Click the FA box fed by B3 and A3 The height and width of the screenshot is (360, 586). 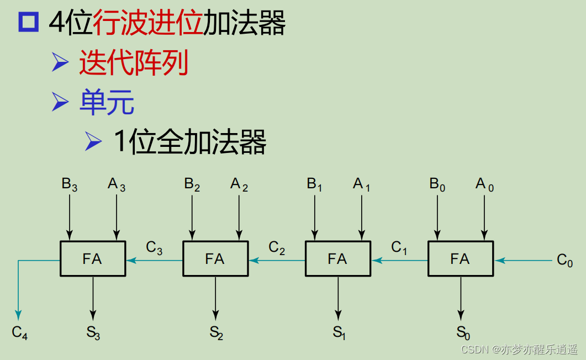[93, 258]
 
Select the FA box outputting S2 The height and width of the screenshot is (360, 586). [215, 258]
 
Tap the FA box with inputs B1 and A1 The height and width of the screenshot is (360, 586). [338, 258]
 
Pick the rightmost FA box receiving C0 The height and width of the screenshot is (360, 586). [461, 258]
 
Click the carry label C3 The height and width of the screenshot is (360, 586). [154, 248]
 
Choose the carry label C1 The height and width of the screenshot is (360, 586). [399, 248]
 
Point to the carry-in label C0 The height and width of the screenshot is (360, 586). [565, 260]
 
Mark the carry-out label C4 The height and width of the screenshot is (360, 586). [20, 332]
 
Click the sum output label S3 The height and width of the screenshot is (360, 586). [93, 332]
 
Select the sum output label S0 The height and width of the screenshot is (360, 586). [463, 332]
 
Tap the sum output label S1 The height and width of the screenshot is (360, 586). [339, 332]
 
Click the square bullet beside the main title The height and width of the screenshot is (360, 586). [29, 23]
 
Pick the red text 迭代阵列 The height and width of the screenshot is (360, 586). [134, 63]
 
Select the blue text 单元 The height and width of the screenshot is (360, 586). [107, 102]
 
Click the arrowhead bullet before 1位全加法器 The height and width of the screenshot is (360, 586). [93, 141]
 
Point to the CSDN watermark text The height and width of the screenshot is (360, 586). [519, 350]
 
